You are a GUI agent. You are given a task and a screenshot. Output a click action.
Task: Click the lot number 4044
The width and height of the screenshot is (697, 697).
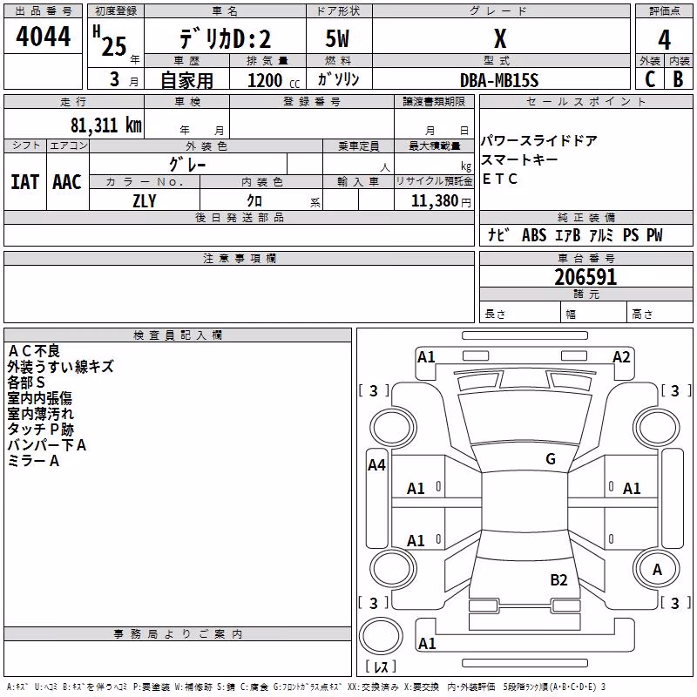tap(43, 37)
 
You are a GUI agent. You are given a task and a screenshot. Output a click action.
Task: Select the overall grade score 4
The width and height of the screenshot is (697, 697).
tap(664, 39)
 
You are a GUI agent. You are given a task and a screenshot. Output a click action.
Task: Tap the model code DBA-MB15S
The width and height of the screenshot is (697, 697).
tap(499, 80)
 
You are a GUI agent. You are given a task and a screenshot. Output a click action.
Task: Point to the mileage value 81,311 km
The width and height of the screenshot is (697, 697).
tap(106, 125)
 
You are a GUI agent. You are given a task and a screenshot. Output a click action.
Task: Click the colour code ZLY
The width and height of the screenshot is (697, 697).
tap(145, 201)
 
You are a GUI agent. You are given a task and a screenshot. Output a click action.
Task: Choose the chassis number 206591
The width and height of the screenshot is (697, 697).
tap(585, 277)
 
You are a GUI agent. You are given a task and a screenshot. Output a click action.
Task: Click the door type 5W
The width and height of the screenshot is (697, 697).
tap(337, 38)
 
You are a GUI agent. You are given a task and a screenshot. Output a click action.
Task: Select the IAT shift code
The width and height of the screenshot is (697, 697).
tap(24, 182)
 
